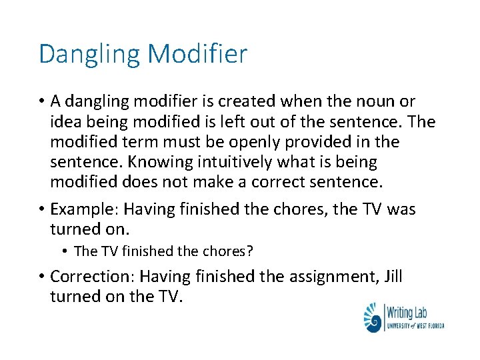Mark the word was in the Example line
point(401,209)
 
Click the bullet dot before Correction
point(42,276)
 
